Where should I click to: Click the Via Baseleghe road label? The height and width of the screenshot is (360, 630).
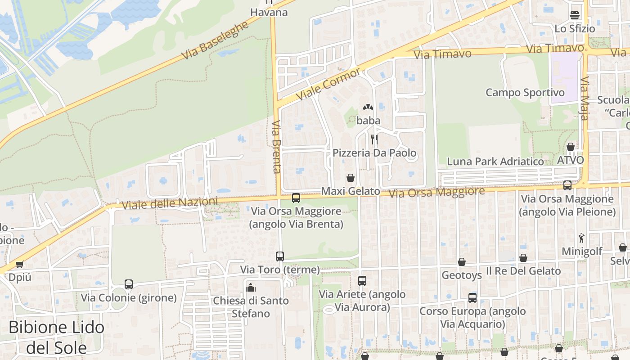tap(215, 40)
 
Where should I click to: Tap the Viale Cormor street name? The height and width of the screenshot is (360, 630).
tap(328, 84)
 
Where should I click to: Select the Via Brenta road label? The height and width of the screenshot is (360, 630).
tap(276, 147)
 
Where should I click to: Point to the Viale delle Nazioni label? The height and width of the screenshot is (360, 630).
tap(170, 203)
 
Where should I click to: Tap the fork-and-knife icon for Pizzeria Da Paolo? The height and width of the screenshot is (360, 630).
tap(374, 139)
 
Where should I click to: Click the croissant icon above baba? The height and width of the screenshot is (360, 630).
tap(368, 108)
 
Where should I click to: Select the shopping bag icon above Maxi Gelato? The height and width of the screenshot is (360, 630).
tap(351, 178)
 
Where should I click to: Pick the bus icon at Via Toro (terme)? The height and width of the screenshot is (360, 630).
tap(280, 256)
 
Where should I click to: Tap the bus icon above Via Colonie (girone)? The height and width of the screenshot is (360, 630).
tap(129, 284)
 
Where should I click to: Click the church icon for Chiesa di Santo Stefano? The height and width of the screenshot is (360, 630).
tap(251, 287)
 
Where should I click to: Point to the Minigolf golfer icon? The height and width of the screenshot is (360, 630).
tap(581, 238)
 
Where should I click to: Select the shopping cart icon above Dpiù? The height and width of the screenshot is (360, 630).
tap(19, 264)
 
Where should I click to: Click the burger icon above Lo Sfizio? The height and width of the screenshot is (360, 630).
tap(574, 15)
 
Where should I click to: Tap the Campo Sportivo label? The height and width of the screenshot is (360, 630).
tap(525, 93)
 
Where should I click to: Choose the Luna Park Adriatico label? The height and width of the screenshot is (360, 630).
tap(495, 162)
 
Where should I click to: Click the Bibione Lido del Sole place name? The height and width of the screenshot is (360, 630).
tap(57, 337)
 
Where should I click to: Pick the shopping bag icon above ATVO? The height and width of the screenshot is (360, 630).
tap(570, 147)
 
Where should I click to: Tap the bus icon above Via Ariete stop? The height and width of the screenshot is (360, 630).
tap(362, 281)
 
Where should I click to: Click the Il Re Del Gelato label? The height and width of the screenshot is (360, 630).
tap(523, 271)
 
